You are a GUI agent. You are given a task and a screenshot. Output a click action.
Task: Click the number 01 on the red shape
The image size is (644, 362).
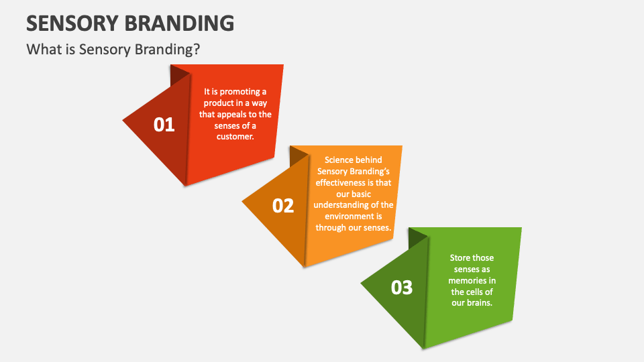tap(164, 125)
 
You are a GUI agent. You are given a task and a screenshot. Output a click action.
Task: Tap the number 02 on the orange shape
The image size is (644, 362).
tap(283, 206)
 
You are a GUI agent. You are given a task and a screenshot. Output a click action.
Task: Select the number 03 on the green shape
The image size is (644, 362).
tap(402, 288)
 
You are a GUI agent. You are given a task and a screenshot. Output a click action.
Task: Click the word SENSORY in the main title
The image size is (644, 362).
tap(72, 23)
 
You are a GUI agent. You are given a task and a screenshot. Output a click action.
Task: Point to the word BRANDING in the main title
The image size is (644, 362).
tap(180, 23)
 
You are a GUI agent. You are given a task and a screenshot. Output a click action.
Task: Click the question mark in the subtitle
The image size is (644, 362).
tap(197, 49)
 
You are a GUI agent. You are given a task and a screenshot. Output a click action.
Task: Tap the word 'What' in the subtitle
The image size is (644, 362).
tap(40, 49)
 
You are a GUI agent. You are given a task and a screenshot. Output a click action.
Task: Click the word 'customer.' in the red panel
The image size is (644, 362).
tap(235, 136)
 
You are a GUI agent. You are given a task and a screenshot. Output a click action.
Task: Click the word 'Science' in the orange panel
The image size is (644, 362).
tap(339, 160)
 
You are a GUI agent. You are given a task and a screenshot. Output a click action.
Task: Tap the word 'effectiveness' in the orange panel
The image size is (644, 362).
tap(341, 182)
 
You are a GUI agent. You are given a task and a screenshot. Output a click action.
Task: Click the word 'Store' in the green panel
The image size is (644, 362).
tap(460, 257)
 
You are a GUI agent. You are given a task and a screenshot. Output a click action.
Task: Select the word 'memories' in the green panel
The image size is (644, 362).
tap(468, 280)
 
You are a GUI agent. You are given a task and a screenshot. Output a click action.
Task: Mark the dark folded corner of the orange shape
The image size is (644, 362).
tap(298, 156)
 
